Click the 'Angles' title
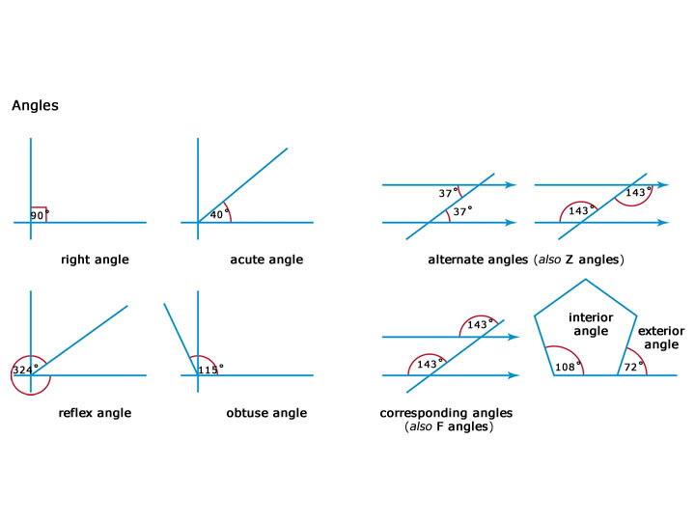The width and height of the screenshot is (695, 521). [x=35, y=106]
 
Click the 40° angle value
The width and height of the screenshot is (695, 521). [x=217, y=214]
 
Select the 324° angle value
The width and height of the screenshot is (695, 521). [x=24, y=370]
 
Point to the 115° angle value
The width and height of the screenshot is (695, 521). [x=210, y=368]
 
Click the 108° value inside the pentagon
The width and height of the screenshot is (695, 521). [x=567, y=367]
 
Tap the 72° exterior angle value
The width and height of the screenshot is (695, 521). [x=632, y=367]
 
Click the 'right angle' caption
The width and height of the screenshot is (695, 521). [x=95, y=260]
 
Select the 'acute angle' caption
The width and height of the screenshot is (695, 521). [x=266, y=260]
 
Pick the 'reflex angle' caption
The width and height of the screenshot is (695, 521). [x=95, y=413]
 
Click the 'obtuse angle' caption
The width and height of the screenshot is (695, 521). [x=266, y=413]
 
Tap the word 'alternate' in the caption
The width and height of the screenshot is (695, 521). [x=456, y=260]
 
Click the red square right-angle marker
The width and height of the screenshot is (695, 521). [x=39, y=214]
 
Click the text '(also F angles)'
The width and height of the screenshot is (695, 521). [x=449, y=425]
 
